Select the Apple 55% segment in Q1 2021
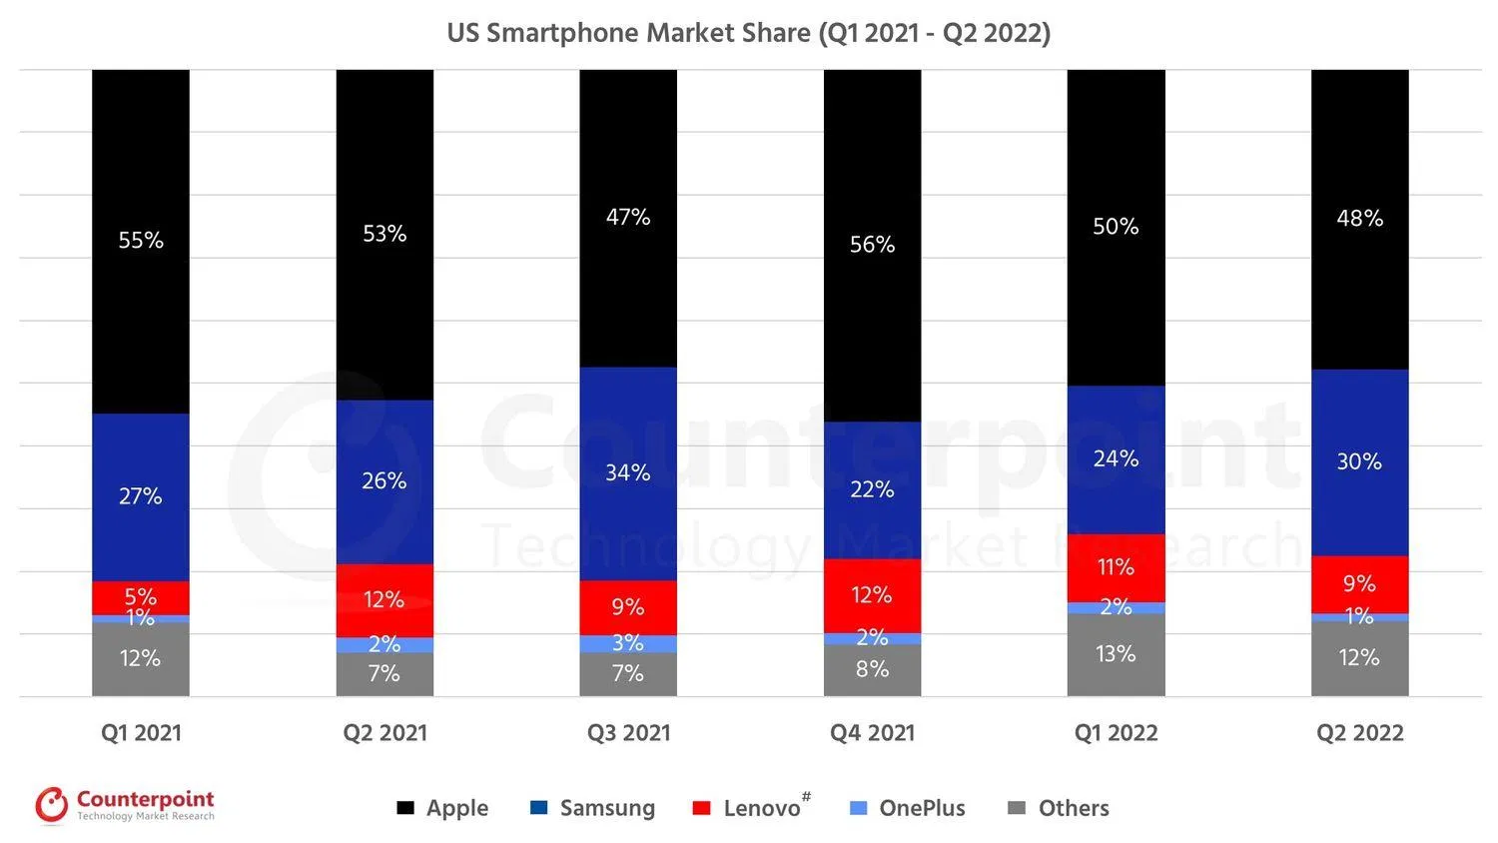141,241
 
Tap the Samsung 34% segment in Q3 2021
628,472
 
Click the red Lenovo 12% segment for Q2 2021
384,600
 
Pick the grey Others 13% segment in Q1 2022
1116,654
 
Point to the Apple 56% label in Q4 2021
872,245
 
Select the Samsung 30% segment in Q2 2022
1359,461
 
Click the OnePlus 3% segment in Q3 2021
628,643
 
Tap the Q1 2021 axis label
141,733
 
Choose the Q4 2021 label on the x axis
872,733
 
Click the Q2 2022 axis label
1359,733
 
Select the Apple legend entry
442,808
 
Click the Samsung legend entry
592,808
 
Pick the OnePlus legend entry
908,808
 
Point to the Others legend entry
1059,808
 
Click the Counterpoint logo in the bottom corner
125,805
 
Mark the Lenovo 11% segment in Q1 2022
1116,567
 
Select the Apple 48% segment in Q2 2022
1359,219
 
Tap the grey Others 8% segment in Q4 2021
872,670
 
